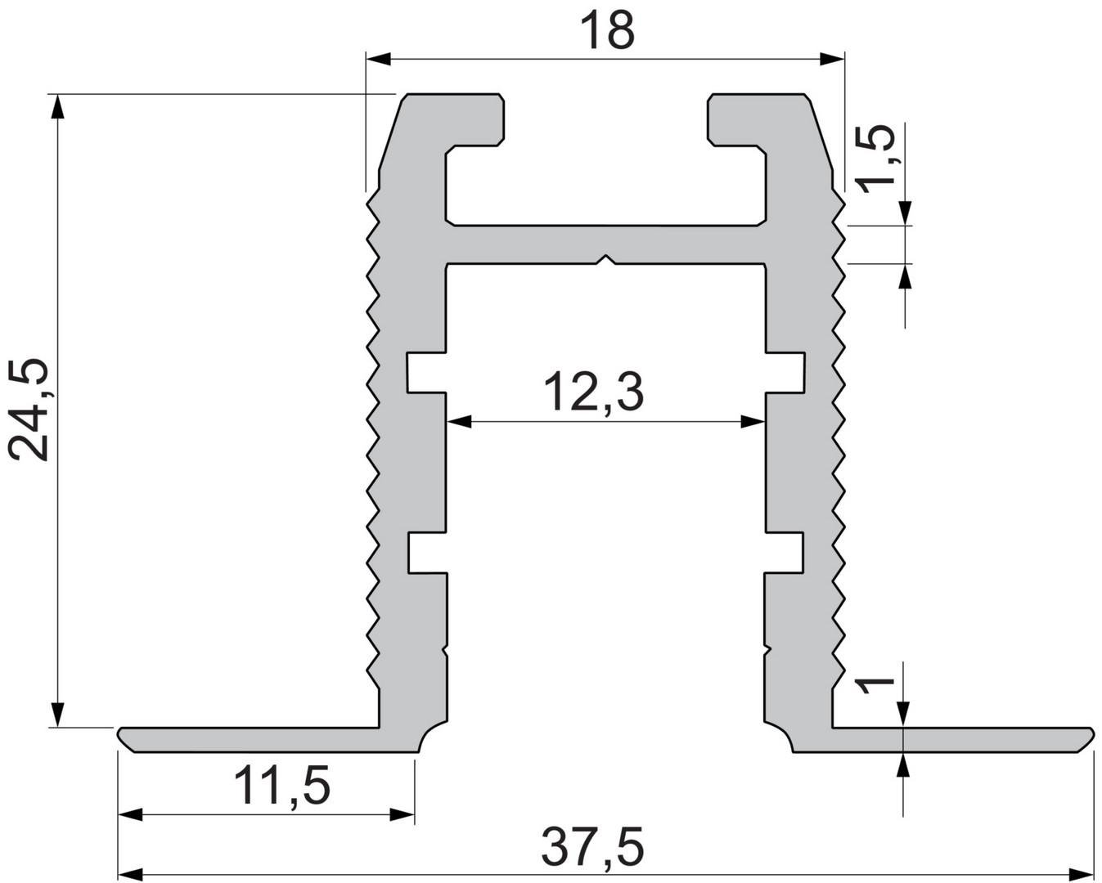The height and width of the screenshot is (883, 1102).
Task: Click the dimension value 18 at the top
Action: pyautogui.click(x=608, y=31)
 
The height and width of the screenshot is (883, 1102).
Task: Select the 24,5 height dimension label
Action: pyautogui.click(x=29, y=410)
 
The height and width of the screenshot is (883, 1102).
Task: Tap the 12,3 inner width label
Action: pyautogui.click(x=593, y=393)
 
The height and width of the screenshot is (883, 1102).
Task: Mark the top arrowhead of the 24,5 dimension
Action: pyautogui.click(x=58, y=107)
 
